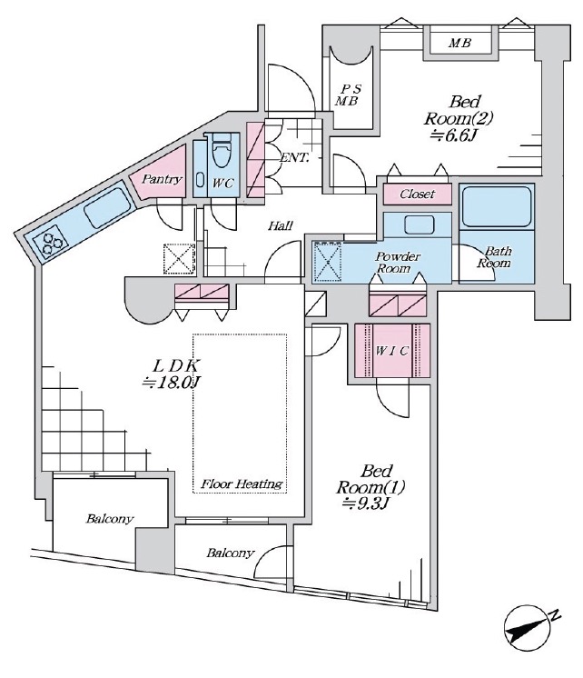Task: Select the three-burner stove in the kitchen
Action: [x=52, y=242]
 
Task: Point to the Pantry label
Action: [x=162, y=178]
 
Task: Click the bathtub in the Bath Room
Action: [x=497, y=206]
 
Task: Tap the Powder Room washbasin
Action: [x=419, y=224]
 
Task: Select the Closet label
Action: [x=417, y=194]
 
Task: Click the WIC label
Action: [x=391, y=351]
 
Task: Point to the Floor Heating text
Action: [x=242, y=484]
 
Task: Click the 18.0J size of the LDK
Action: [x=172, y=383]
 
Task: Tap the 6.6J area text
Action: [x=454, y=135]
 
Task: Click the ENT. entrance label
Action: [x=295, y=158]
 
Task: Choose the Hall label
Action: [x=281, y=225]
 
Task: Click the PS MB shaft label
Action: [x=349, y=95]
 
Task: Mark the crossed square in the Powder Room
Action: [x=327, y=262]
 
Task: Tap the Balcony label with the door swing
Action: [x=230, y=553]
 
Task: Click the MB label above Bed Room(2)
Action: [x=459, y=43]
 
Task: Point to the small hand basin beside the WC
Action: [x=201, y=179]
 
